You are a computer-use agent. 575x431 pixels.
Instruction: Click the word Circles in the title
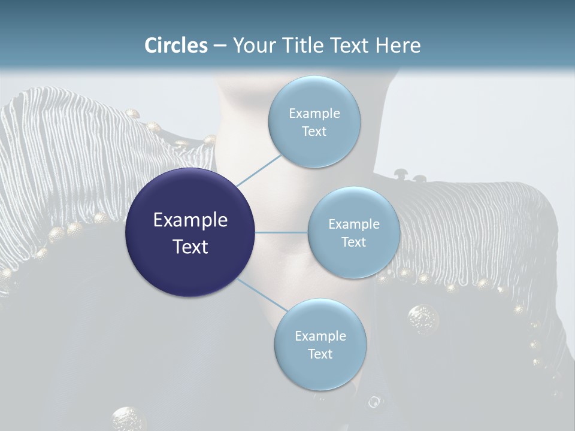click(176, 45)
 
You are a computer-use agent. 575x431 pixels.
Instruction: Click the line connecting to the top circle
click(259, 171)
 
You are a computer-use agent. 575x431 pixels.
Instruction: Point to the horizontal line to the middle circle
click(282, 232)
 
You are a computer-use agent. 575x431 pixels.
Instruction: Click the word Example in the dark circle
click(190, 220)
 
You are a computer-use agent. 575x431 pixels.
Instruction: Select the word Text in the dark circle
click(190, 247)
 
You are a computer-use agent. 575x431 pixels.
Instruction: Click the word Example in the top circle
click(314, 114)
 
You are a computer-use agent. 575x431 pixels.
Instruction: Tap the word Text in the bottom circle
click(320, 354)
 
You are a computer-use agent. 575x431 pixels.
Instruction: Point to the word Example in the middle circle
click(354, 224)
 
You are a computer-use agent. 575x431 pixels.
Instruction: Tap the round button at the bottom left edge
click(128, 418)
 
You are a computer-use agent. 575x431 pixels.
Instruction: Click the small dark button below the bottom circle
click(374, 402)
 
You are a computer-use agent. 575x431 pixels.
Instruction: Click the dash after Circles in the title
click(220, 46)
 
